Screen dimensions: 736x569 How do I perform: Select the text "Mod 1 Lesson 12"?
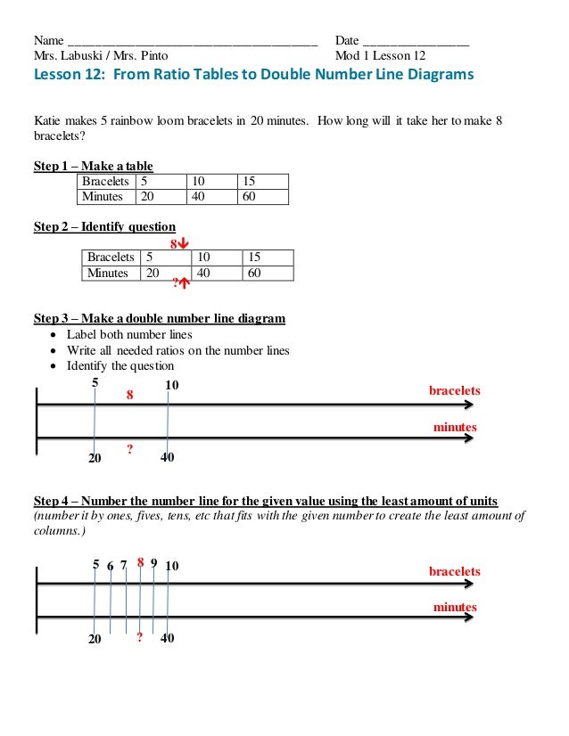pyautogui.click(x=380, y=55)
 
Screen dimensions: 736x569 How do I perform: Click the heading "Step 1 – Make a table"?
pyautogui.click(x=93, y=166)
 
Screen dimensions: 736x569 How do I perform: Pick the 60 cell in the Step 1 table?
pyautogui.click(x=250, y=196)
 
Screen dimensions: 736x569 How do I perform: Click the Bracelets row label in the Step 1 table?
pyautogui.click(x=106, y=181)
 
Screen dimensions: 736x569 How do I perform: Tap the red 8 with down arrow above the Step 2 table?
pyautogui.click(x=179, y=242)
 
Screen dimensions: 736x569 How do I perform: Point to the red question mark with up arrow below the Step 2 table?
pyautogui.click(x=182, y=284)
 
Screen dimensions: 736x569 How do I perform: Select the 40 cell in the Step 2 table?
pyautogui.click(x=204, y=273)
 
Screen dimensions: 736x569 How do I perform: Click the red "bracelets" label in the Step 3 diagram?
pyautogui.click(x=455, y=390)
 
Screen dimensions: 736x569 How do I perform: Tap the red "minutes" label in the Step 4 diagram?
pyautogui.click(x=455, y=607)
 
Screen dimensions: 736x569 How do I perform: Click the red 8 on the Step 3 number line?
pyautogui.click(x=130, y=394)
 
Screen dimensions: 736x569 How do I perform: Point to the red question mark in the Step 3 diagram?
pyautogui.click(x=130, y=450)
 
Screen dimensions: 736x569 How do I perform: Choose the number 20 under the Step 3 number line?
pyautogui.click(x=95, y=458)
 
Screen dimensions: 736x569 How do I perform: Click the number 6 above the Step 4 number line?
pyautogui.click(x=110, y=565)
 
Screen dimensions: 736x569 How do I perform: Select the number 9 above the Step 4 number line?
pyautogui.click(x=154, y=563)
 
